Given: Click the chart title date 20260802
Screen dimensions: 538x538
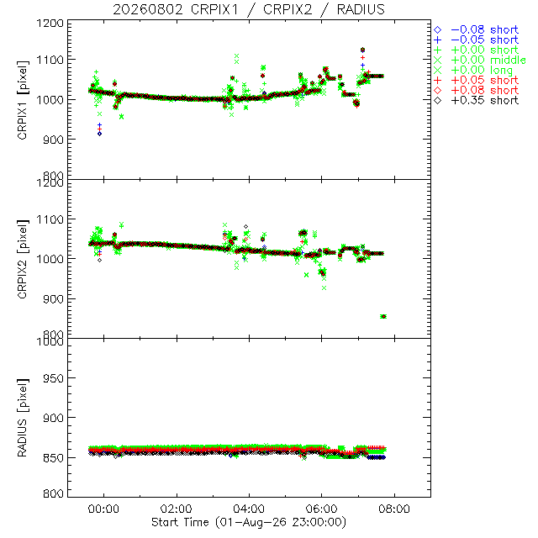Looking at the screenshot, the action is (x=148, y=9).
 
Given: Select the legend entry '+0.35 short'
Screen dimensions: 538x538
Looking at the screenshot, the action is (x=477, y=101).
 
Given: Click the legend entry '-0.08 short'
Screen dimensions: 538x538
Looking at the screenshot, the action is (x=477, y=30).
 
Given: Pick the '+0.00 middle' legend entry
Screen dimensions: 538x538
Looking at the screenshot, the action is (x=480, y=60).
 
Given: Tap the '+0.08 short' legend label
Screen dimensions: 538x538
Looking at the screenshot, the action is (x=477, y=90).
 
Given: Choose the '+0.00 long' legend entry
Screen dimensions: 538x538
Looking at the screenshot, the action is (x=473, y=71).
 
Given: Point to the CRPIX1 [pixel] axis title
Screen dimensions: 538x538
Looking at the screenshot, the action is (x=23, y=100).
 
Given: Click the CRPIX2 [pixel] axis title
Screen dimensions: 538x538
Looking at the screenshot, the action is (x=23, y=259).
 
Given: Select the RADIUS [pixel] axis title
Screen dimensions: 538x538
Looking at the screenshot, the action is (x=23, y=418).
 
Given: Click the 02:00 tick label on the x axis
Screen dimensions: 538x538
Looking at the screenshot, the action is (x=177, y=509).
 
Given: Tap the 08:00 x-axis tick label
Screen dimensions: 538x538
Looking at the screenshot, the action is (x=394, y=509).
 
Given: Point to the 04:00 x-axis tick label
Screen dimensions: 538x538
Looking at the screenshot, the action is (x=249, y=509).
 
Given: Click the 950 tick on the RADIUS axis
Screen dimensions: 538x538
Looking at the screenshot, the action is (x=53, y=378).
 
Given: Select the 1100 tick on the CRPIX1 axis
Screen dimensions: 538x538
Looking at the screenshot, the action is (x=50, y=60).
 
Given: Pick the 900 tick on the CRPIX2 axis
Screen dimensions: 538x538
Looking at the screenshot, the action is (x=53, y=299).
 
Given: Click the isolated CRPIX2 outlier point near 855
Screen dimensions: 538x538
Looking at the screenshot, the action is (x=383, y=316).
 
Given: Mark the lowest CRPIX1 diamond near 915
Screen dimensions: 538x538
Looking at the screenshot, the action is (x=99, y=134).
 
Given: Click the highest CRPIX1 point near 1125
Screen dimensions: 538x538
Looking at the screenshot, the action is (x=362, y=50).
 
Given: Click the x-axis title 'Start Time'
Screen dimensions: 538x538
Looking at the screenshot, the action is (x=180, y=522).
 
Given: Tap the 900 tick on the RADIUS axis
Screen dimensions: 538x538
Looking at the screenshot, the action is (x=53, y=418).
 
